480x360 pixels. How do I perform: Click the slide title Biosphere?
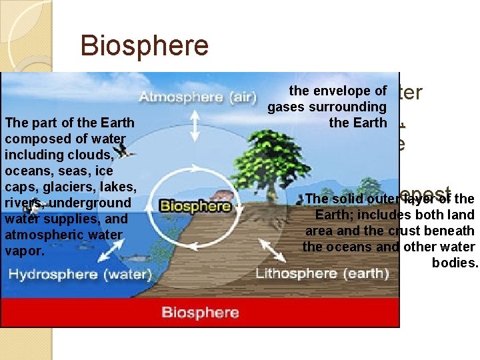tap(144, 46)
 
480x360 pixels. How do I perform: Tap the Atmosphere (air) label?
tap(197, 97)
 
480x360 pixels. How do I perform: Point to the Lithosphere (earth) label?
tap(322, 273)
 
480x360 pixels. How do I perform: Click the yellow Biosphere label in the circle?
tap(195, 205)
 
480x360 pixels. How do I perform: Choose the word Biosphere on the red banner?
tap(200, 312)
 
